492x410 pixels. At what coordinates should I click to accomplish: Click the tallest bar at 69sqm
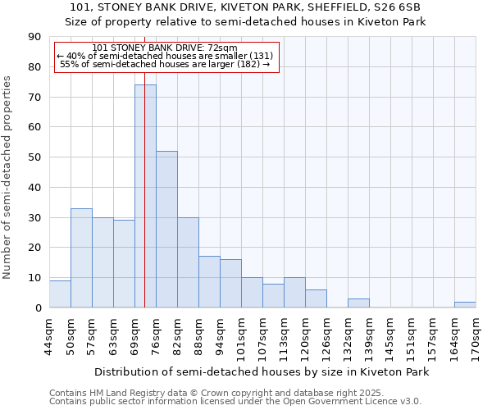145,197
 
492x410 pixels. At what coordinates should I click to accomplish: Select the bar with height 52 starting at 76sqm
166,230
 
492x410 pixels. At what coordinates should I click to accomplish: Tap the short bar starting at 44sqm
60,294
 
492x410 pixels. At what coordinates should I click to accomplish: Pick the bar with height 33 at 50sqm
81,258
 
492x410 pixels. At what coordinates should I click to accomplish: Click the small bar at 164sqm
465,305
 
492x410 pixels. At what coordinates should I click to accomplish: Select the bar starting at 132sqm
358,303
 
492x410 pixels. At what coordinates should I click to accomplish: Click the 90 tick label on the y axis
34,37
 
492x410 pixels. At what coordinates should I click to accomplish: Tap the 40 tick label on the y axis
34,188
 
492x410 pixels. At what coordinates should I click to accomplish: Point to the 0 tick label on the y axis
38,308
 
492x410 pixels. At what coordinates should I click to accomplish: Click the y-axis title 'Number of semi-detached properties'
8,177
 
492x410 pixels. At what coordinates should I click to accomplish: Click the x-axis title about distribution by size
262,371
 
